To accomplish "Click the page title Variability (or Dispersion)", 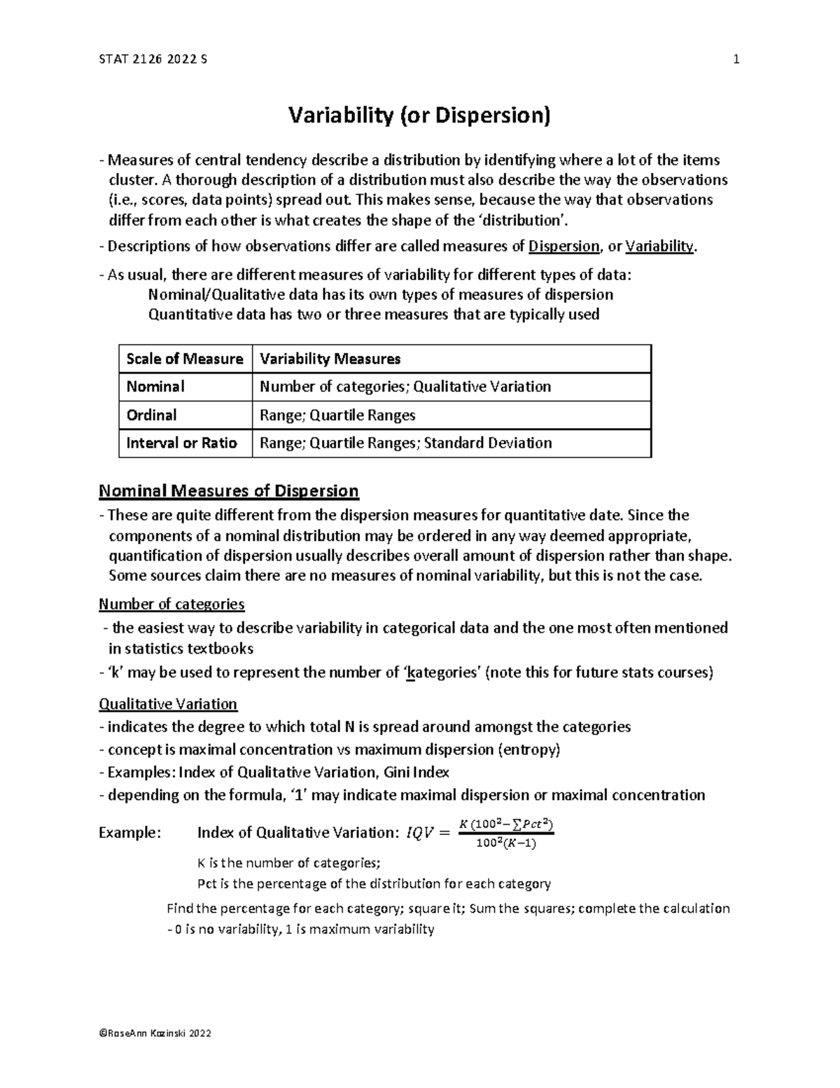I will click(x=420, y=115).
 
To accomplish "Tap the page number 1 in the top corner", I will click(x=736, y=60).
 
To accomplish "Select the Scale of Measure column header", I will click(x=185, y=359).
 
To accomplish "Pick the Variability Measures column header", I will click(x=330, y=359).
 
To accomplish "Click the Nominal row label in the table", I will click(x=155, y=387).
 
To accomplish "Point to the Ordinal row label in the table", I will click(x=151, y=415).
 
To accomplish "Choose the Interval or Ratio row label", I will click(x=181, y=443).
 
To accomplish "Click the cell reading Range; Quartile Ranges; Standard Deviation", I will click(x=405, y=443).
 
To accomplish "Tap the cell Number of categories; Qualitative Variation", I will click(x=405, y=387).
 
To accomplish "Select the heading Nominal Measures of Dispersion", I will click(x=229, y=491).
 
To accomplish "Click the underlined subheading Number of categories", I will click(x=171, y=604).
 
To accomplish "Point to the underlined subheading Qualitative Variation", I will click(x=168, y=703).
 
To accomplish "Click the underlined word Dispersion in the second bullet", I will click(x=564, y=247).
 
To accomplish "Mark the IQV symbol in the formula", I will click(x=419, y=833).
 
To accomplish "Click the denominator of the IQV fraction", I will click(x=505, y=844).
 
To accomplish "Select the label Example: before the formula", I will click(x=130, y=833).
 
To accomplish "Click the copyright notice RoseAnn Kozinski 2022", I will click(x=155, y=1033).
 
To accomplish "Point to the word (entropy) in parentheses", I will click(x=528, y=750).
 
